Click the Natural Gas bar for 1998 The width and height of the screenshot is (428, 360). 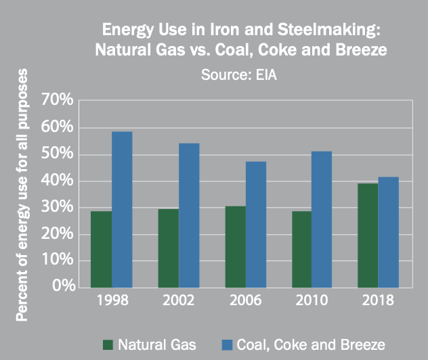[101, 249]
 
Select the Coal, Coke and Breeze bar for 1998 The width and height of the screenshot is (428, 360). [122, 209]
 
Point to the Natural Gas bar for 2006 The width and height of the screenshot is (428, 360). [235, 246]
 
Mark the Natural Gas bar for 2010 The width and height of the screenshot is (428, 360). [301, 249]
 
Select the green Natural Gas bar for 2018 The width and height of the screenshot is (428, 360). [368, 235]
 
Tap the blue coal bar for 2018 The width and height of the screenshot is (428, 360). [389, 232]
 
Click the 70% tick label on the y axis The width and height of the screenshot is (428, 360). [56, 101]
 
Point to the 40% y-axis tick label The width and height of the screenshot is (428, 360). [56, 181]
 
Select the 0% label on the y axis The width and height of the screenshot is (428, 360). [61, 286]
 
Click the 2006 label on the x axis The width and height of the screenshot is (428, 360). [245, 300]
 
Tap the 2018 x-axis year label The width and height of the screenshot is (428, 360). [378, 300]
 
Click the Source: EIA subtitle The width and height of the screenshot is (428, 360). [239, 74]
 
